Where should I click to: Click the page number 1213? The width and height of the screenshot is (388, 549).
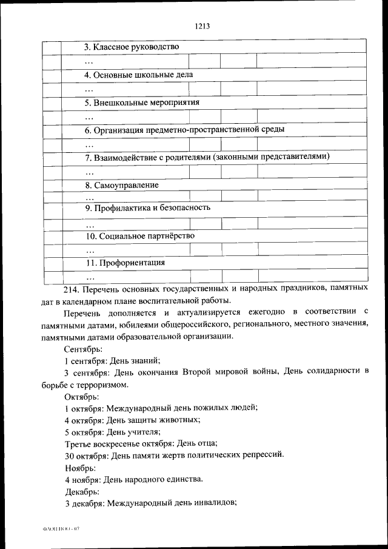pos(202,26)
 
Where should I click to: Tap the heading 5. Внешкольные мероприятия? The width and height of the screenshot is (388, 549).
pos(142,102)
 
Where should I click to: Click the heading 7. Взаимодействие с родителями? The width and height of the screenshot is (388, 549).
pos(206,157)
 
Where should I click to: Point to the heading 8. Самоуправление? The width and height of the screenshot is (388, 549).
pos(121,185)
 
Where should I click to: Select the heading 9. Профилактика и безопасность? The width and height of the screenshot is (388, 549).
pos(147,207)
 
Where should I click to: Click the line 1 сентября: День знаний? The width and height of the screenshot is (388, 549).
pos(112,360)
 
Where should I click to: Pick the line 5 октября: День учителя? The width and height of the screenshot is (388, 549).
pos(113,431)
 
